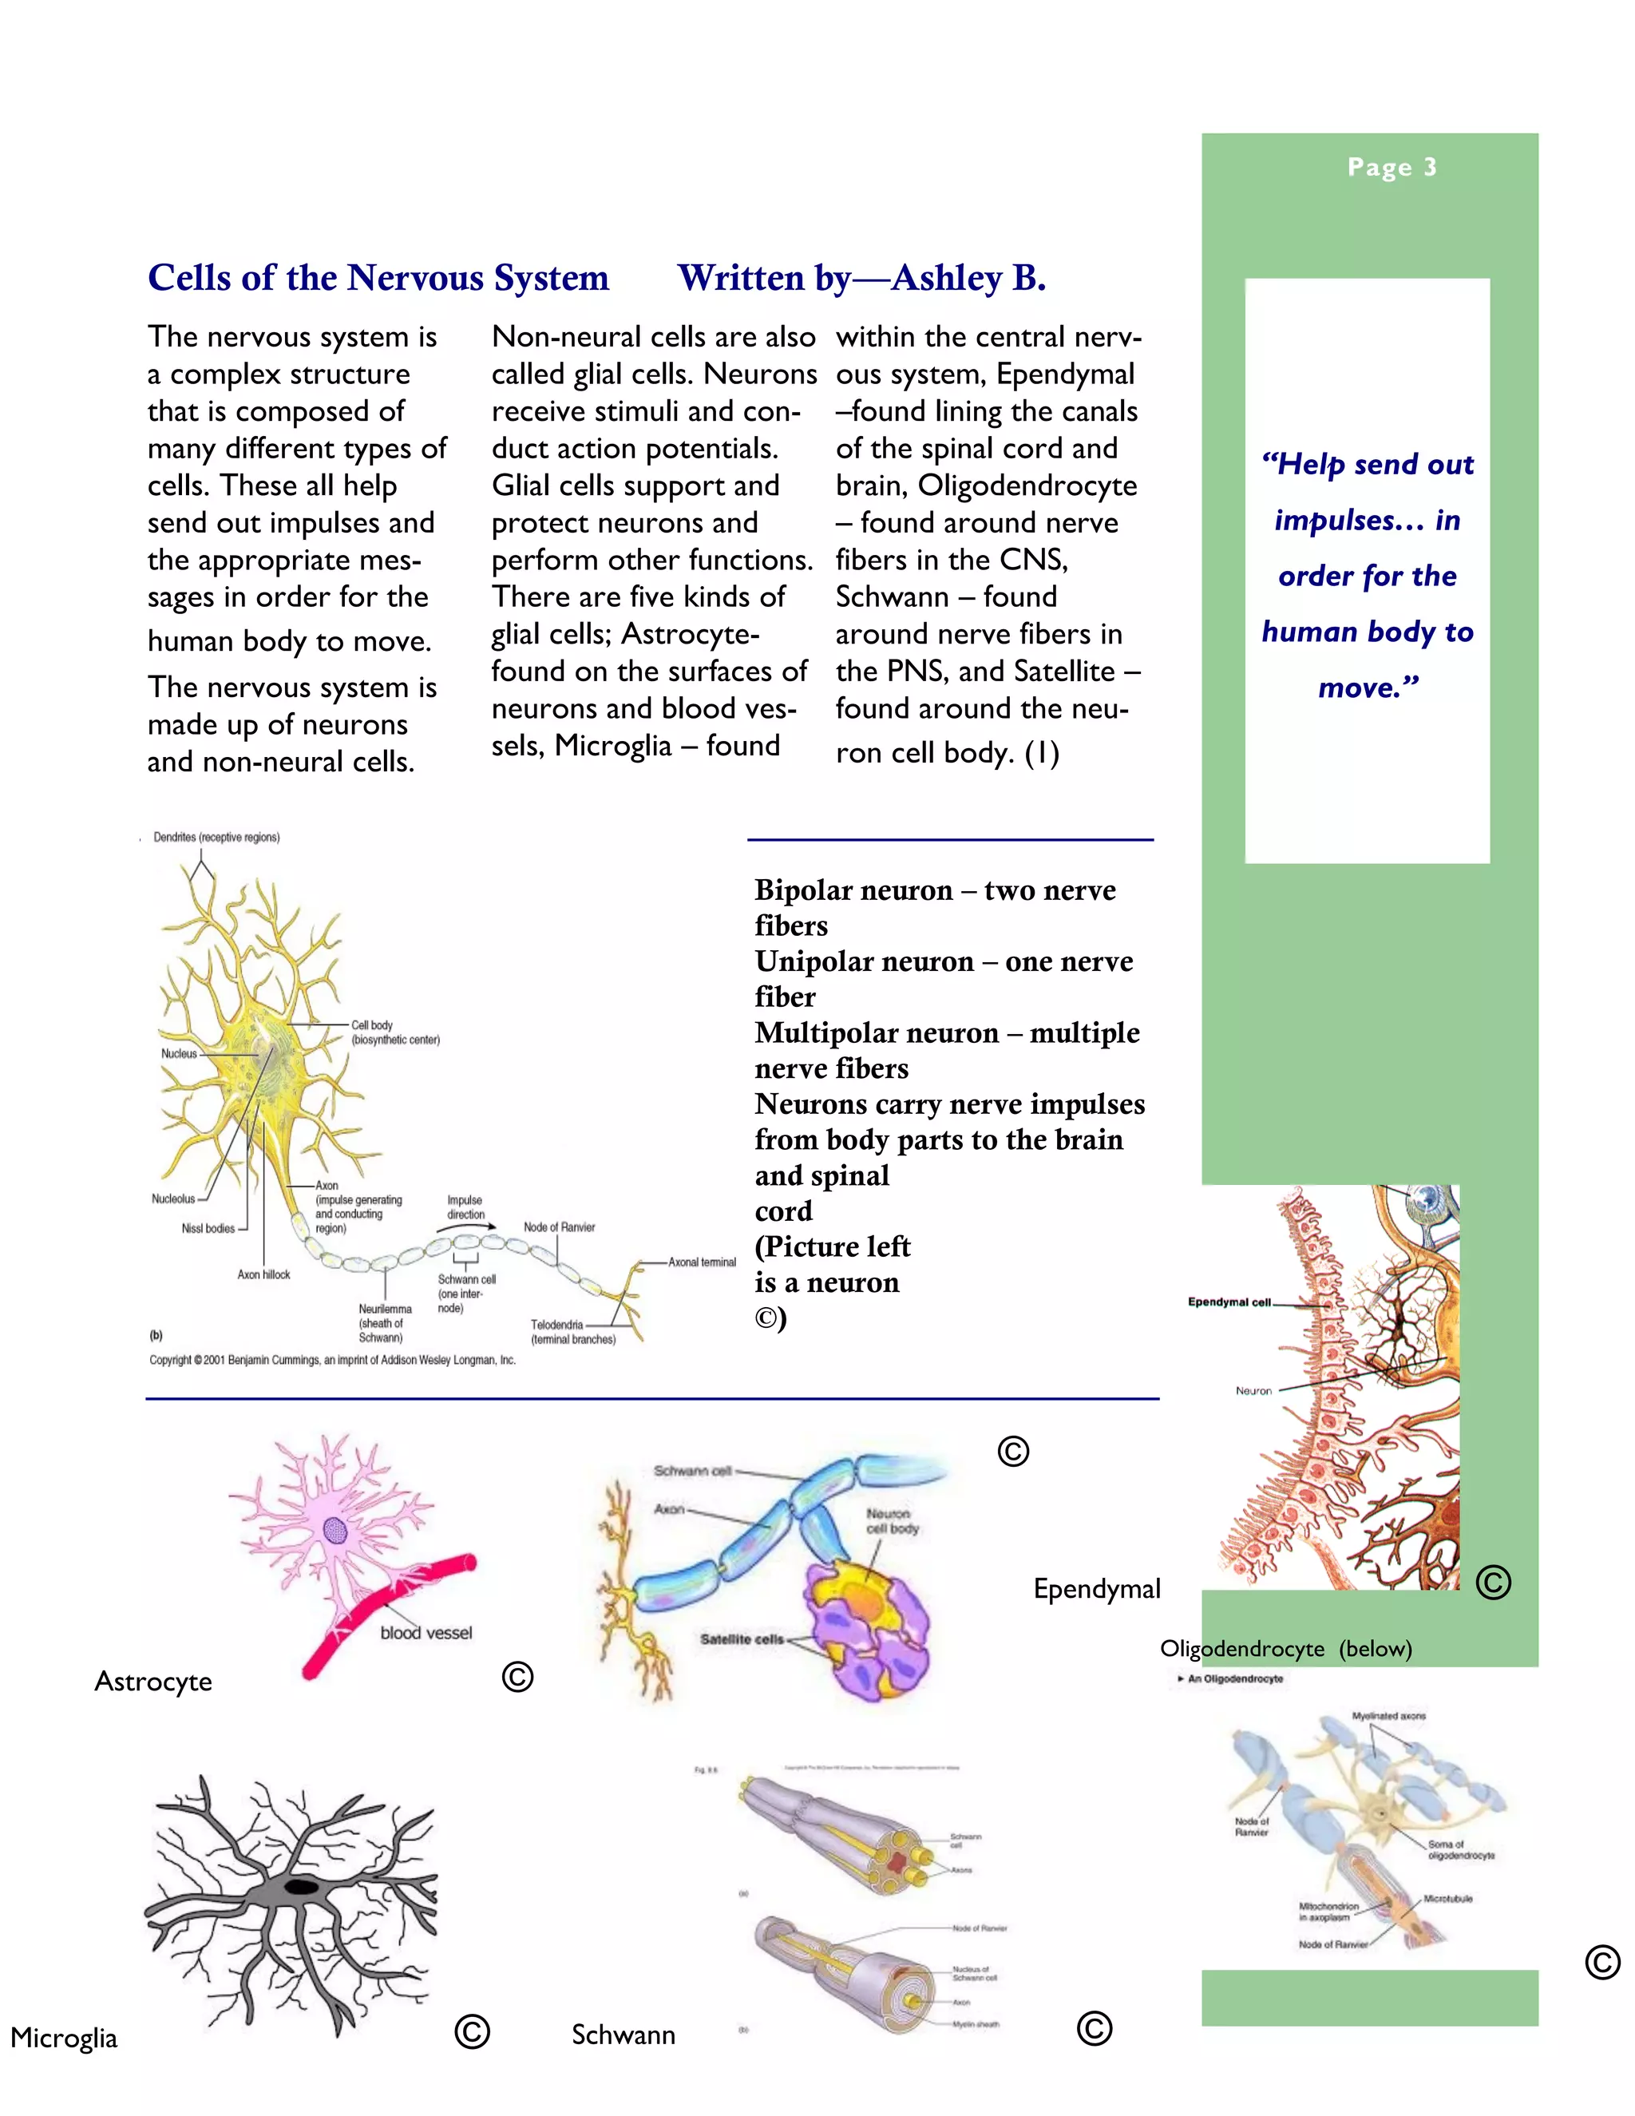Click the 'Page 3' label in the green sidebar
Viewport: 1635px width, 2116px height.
tap(1391, 168)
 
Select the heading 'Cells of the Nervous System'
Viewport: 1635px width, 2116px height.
tap(378, 278)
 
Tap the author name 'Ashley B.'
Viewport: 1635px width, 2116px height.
tap(968, 278)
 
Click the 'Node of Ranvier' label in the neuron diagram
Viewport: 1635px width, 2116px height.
tap(559, 1227)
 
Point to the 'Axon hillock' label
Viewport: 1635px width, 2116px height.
tap(263, 1275)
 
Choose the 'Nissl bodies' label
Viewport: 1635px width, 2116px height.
tap(208, 1229)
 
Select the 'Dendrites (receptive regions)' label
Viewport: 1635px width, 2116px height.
tap(216, 837)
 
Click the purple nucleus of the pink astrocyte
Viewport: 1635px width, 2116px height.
tap(335, 1531)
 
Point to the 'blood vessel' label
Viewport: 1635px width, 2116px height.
tap(426, 1634)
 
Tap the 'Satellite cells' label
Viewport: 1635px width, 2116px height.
tap(741, 1639)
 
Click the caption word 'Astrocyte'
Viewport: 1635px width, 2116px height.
tap(153, 1682)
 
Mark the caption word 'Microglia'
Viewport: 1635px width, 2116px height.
tap(64, 2038)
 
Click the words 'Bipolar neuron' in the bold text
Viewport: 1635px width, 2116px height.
tap(853, 890)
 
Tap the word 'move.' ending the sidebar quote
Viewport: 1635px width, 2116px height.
tap(1367, 688)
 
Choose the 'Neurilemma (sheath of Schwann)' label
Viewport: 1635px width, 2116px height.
tap(385, 1323)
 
